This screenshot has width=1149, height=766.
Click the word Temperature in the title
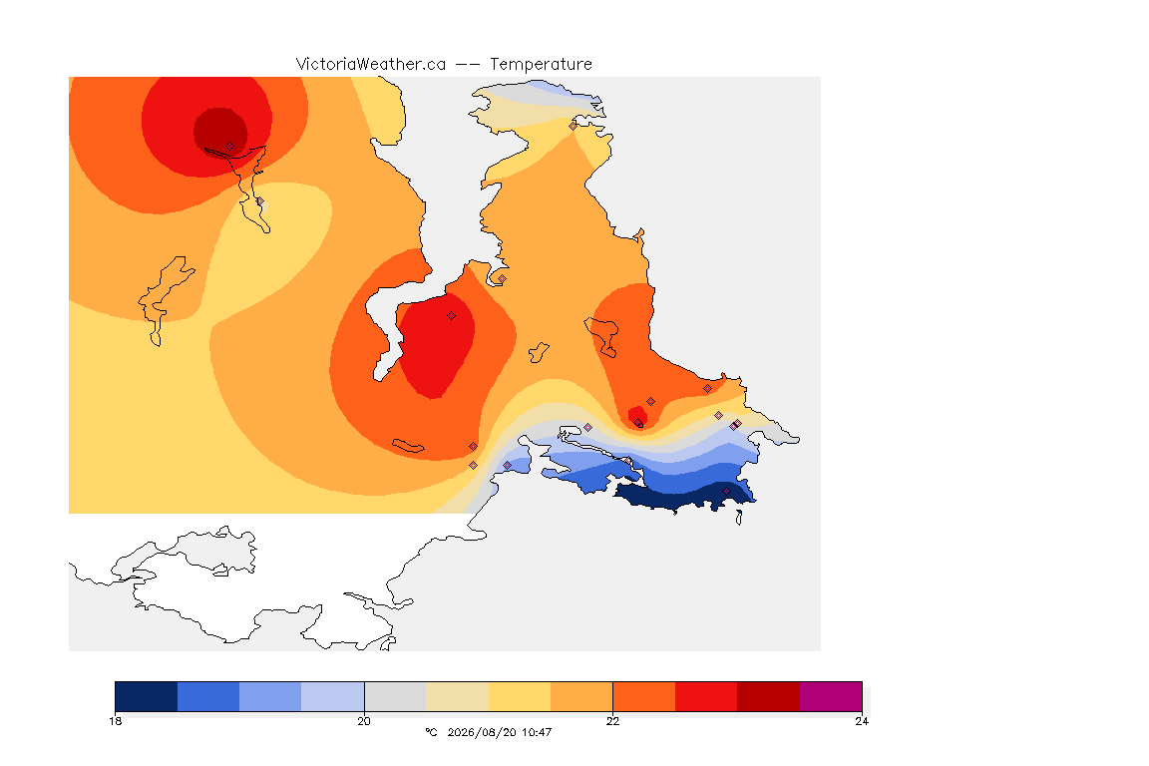tap(541, 65)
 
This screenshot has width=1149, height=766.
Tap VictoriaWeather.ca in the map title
tap(371, 65)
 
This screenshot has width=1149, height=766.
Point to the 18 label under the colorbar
tap(115, 721)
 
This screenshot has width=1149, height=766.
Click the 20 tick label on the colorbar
tap(364, 721)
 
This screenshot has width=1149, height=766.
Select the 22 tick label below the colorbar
tap(612, 721)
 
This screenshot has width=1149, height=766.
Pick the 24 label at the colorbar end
tap(862, 721)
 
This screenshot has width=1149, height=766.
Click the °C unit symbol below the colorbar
tap(431, 732)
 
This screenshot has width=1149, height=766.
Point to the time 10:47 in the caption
tap(537, 732)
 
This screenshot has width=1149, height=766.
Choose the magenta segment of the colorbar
tap(831, 696)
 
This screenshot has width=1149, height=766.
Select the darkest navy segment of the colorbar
tap(147, 696)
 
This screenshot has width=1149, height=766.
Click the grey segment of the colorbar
tap(395, 696)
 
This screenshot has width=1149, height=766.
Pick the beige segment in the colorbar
tap(457, 696)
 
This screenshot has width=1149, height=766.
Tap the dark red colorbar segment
tap(769, 696)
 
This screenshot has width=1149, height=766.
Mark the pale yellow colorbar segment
tap(520, 696)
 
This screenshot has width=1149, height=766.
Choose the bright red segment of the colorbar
tap(706, 696)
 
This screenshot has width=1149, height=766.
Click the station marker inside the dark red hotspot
tap(230, 147)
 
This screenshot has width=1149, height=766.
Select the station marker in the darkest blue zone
tap(726, 491)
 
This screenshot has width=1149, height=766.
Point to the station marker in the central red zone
tap(452, 316)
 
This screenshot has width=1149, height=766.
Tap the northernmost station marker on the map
tap(574, 126)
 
